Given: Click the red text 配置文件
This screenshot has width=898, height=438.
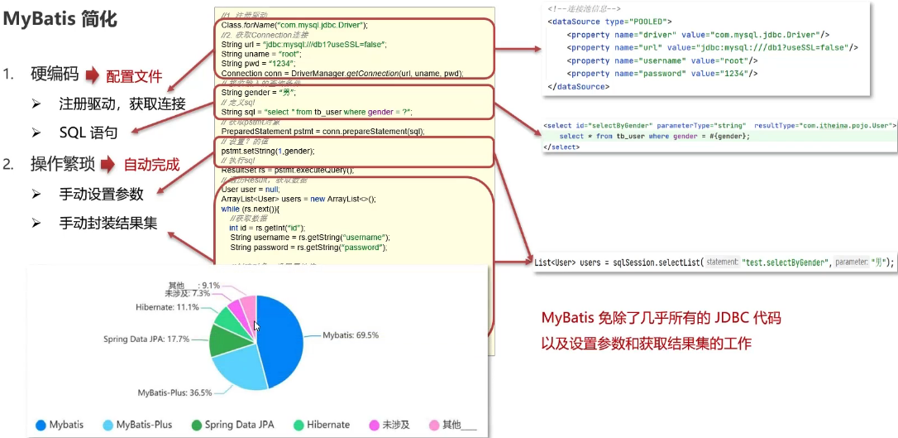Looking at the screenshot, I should [134, 77].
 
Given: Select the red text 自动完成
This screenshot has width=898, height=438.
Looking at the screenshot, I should [151, 164].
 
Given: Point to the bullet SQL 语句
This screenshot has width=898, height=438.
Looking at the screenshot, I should [88, 132].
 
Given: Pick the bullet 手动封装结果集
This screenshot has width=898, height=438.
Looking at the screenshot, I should [108, 223].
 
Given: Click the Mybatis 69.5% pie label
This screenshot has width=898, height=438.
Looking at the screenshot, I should [351, 335].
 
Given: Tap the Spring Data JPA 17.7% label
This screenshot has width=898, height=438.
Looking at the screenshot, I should [146, 339].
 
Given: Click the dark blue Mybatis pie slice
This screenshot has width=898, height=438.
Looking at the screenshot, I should [277, 339].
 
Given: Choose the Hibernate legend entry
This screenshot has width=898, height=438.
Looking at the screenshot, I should [321, 425].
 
